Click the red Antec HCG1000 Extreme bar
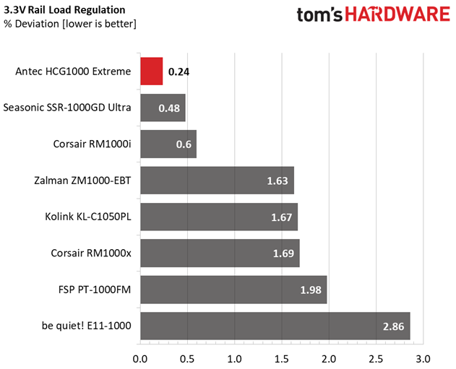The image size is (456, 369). [x=151, y=71]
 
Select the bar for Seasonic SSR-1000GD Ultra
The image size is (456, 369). [x=163, y=108]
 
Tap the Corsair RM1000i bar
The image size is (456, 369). [x=168, y=144]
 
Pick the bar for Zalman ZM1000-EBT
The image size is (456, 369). [x=217, y=181]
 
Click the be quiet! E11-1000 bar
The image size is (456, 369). [x=275, y=326]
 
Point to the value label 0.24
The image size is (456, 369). [x=178, y=72]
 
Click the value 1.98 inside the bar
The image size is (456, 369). [x=311, y=290]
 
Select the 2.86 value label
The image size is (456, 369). [x=394, y=326]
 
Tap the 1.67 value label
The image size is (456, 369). [x=281, y=217]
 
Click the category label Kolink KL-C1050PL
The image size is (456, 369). [x=88, y=216]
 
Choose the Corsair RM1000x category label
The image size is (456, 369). [x=92, y=253]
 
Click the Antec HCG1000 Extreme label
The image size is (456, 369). [x=73, y=71]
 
